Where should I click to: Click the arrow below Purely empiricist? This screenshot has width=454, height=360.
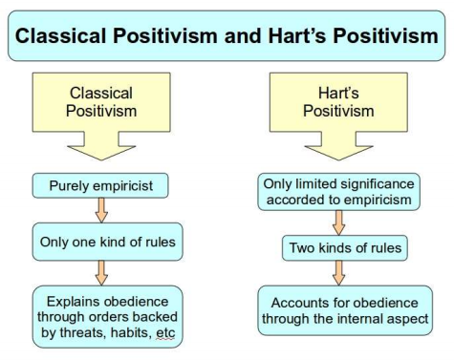click(x=99, y=210)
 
